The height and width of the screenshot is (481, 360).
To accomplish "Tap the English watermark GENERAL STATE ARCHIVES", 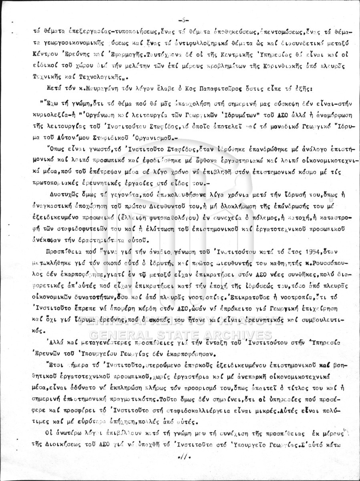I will pyautogui.click(x=180, y=335).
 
